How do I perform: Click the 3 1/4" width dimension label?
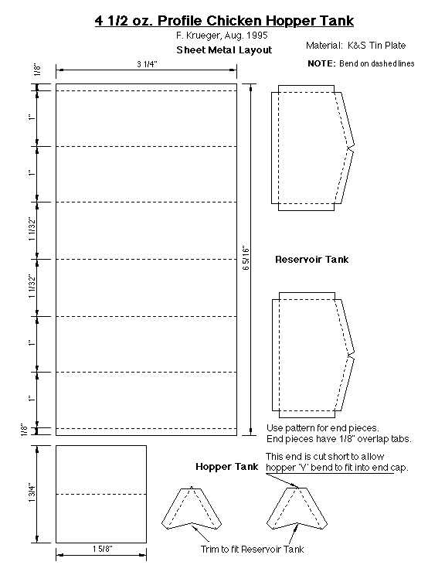pyautogui.click(x=147, y=64)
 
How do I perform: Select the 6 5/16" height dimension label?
pyautogui.click(x=246, y=258)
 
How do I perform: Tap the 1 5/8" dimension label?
pyautogui.click(x=102, y=549)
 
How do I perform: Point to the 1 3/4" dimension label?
pyautogui.click(x=32, y=493)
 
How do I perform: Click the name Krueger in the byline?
pyautogui.click(x=203, y=36)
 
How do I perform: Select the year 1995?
pyautogui.click(x=257, y=36)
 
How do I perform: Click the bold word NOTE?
pyautogui.click(x=322, y=63)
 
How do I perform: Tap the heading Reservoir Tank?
pyautogui.click(x=312, y=260)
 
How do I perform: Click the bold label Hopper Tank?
pyautogui.click(x=227, y=467)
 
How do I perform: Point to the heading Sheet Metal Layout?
pyautogui.click(x=224, y=50)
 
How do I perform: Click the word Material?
pyautogui.click(x=324, y=46)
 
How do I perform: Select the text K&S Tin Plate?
pyautogui.click(x=376, y=46)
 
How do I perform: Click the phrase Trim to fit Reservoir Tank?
pyautogui.click(x=252, y=549)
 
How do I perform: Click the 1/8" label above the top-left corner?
pyautogui.click(x=37, y=70)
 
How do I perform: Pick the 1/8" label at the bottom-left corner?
pyautogui.click(x=25, y=430)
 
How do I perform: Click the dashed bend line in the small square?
pyautogui.click(x=101, y=494)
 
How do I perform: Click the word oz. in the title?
pyautogui.click(x=143, y=21)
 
